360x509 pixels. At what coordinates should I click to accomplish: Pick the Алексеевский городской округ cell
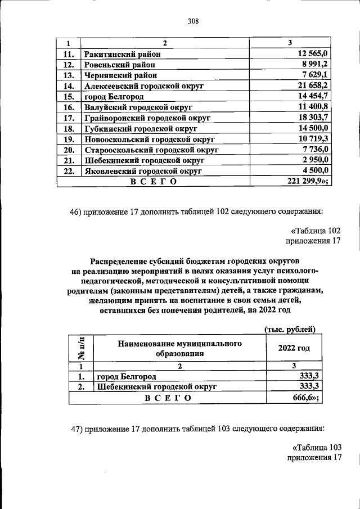pos(143,86)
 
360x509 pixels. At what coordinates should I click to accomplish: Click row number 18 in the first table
pos(69,129)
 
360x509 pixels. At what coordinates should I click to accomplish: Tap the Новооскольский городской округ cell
pos(150,139)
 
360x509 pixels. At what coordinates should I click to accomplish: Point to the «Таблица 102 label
pos(316,231)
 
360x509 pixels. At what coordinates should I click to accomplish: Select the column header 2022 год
pos(294,349)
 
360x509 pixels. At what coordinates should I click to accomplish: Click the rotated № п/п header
pos(81,349)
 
